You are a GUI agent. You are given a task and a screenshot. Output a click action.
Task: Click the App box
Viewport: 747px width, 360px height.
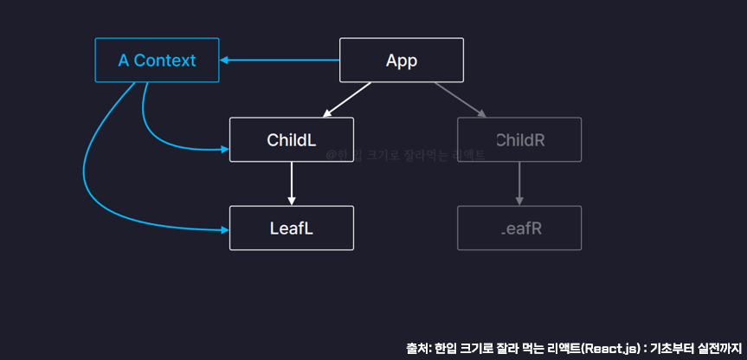[x=401, y=61]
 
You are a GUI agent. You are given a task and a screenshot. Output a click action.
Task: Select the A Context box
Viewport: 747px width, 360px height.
[x=157, y=61]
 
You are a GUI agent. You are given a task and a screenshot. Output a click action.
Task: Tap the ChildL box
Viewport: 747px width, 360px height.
[x=291, y=140]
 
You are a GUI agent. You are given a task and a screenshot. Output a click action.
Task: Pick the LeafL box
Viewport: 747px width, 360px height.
[x=291, y=228]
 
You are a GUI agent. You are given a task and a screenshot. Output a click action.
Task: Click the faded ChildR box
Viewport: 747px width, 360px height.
[x=519, y=140]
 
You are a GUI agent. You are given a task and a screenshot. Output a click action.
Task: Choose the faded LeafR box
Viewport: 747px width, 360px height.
[x=519, y=228]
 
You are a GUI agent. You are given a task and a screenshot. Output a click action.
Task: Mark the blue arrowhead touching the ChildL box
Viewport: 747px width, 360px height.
[x=224, y=150]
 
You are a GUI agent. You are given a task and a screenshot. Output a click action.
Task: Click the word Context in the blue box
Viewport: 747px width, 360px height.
[x=166, y=61]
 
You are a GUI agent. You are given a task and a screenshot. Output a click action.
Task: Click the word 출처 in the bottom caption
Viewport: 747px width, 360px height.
[x=418, y=348]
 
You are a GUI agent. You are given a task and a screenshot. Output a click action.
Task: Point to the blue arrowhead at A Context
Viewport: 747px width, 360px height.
[x=224, y=61]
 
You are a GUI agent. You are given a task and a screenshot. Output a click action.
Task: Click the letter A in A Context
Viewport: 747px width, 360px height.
[x=124, y=61]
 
